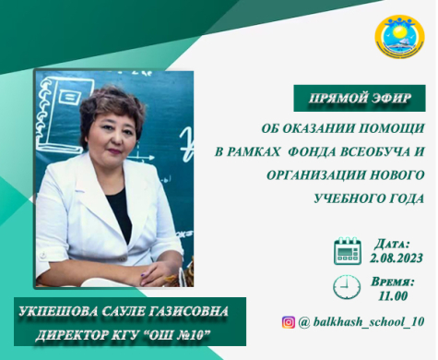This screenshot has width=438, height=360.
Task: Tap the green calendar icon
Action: tap(348, 250)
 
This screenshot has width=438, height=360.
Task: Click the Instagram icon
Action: tap(289, 321)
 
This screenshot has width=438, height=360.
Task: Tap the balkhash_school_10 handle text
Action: tap(365, 322)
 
